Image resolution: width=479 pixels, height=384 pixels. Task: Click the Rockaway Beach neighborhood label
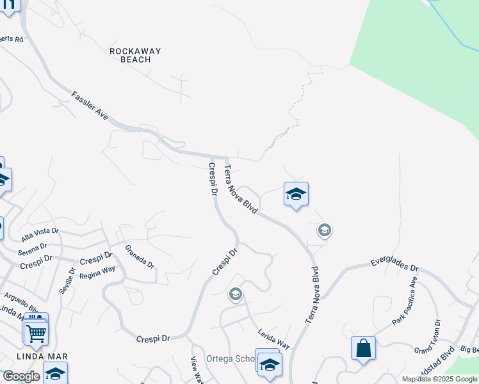tap(134, 55)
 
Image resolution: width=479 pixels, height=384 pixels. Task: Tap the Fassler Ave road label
tap(90, 106)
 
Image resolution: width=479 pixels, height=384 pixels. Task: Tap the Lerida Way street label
tap(274, 339)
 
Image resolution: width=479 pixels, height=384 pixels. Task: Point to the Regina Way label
tap(98, 272)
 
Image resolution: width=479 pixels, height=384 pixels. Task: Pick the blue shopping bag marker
tap(363, 349)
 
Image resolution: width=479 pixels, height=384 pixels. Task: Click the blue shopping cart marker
tap(36, 332)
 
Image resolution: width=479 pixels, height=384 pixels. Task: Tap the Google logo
tap(21, 376)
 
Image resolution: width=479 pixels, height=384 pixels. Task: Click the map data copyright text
tap(439, 379)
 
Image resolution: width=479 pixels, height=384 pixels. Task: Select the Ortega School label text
tap(231, 358)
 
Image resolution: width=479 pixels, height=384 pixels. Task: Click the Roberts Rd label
tap(12, 39)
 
